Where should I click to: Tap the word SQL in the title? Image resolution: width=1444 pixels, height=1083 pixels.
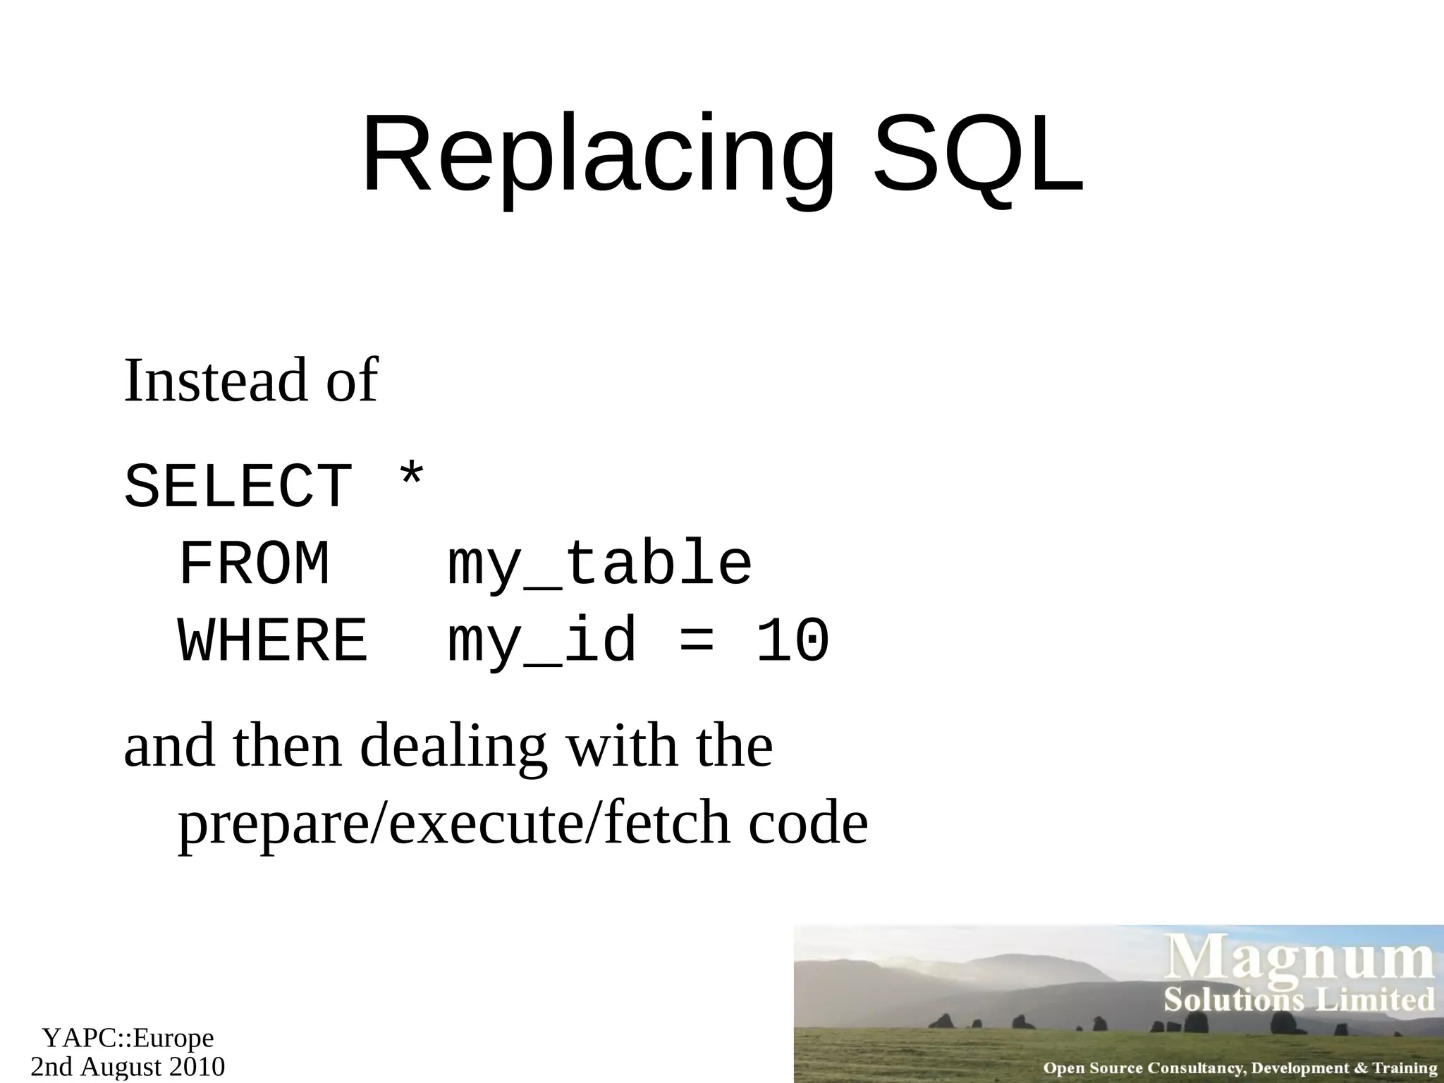[979, 155]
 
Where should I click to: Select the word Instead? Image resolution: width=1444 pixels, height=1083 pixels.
[216, 381]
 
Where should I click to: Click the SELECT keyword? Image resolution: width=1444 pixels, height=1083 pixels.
[238, 487]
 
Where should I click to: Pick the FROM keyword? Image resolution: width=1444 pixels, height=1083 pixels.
[254, 564]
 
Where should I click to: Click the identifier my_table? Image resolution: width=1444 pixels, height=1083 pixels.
[600, 564]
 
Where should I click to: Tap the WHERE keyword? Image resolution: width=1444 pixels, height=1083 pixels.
[273, 641]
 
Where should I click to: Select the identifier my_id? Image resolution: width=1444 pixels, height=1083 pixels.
[542, 641]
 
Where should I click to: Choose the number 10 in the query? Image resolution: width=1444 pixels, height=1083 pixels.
[793, 641]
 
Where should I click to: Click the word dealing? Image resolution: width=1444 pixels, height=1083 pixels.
[453, 747]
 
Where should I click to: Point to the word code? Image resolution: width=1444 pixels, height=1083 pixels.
[808, 825]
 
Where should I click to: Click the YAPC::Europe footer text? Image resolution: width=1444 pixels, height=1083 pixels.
[128, 1038]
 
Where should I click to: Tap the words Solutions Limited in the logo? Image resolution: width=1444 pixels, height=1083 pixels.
[1299, 1001]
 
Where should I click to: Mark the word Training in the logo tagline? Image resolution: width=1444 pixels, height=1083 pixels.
[1405, 1068]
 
